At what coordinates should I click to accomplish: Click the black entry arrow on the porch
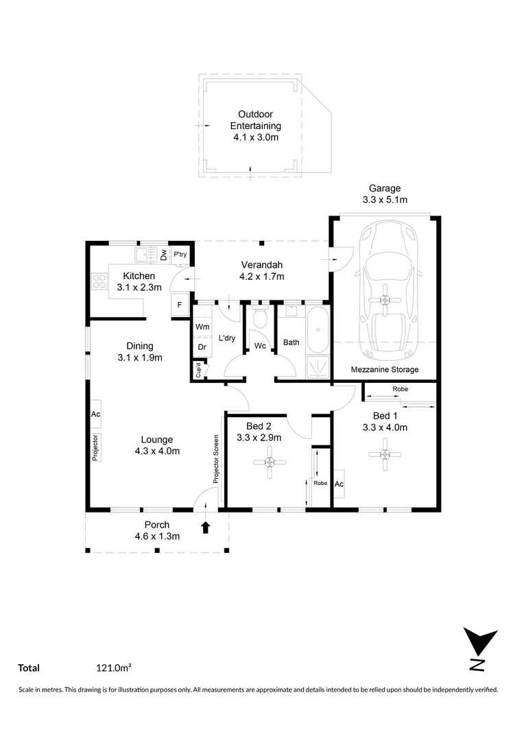pyautogui.click(x=204, y=527)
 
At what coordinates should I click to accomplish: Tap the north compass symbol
pyautogui.click(x=478, y=648)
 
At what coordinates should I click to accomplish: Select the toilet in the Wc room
pyautogui.click(x=260, y=320)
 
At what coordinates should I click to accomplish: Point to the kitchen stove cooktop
pyautogui.click(x=99, y=281)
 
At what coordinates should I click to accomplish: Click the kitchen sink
pyautogui.click(x=145, y=255)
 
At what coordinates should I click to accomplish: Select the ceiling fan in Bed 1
pyautogui.click(x=384, y=453)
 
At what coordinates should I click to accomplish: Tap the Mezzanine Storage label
pyautogui.click(x=385, y=370)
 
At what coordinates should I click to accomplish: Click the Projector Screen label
pyautogui.click(x=215, y=460)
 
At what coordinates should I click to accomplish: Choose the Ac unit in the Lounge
pyautogui.click(x=96, y=414)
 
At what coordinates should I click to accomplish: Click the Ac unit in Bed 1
pyautogui.click(x=339, y=484)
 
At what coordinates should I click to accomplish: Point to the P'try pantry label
pyautogui.click(x=180, y=255)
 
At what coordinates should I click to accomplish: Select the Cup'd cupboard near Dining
pyautogui.click(x=199, y=371)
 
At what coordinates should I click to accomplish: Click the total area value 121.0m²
pyautogui.click(x=114, y=668)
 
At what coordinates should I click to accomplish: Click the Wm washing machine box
pyautogui.click(x=202, y=327)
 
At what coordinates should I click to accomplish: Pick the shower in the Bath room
pyautogui.click(x=316, y=366)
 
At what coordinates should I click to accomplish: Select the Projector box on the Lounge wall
pyautogui.click(x=96, y=447)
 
